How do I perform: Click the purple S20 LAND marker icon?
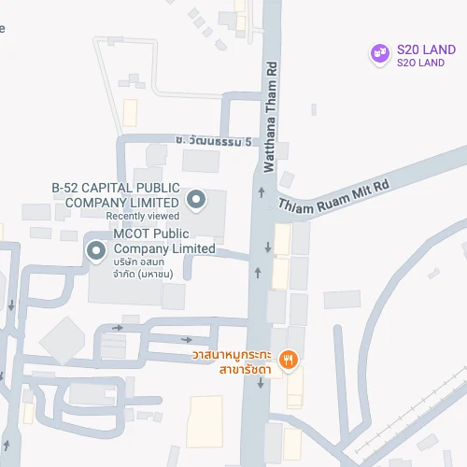coord(379,53)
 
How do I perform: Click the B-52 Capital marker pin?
coord(196,198)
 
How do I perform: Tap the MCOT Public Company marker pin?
coord(95,250)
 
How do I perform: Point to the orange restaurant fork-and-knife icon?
coord(289,359)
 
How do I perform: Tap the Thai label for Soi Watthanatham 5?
coord(214,141)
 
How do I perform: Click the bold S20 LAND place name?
coord(426,50)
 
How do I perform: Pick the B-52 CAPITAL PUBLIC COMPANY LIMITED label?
coord(116,194)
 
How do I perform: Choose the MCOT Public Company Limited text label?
coord(163,241)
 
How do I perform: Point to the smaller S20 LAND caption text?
coord(420,64)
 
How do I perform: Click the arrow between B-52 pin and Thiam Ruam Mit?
coord(260,192)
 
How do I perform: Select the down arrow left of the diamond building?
coord(11,304)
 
